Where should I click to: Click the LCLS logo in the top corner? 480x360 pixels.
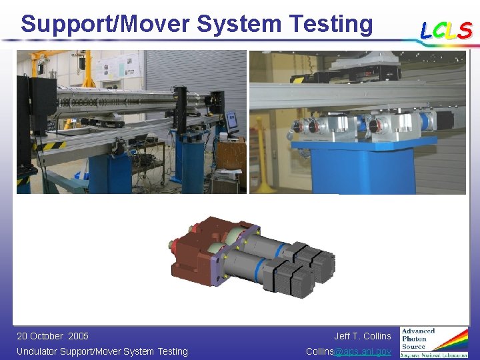click(446, 31)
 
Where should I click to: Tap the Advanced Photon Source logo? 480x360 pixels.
click(434, 343)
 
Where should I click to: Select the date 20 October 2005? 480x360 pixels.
click(53, 336)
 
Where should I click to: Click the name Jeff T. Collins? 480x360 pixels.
click(362, 336)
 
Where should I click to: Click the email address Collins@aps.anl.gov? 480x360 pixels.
click(348, 351)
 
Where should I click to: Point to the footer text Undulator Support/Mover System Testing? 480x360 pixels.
click(102, 351)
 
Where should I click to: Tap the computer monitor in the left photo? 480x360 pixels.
click(232, 121)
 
